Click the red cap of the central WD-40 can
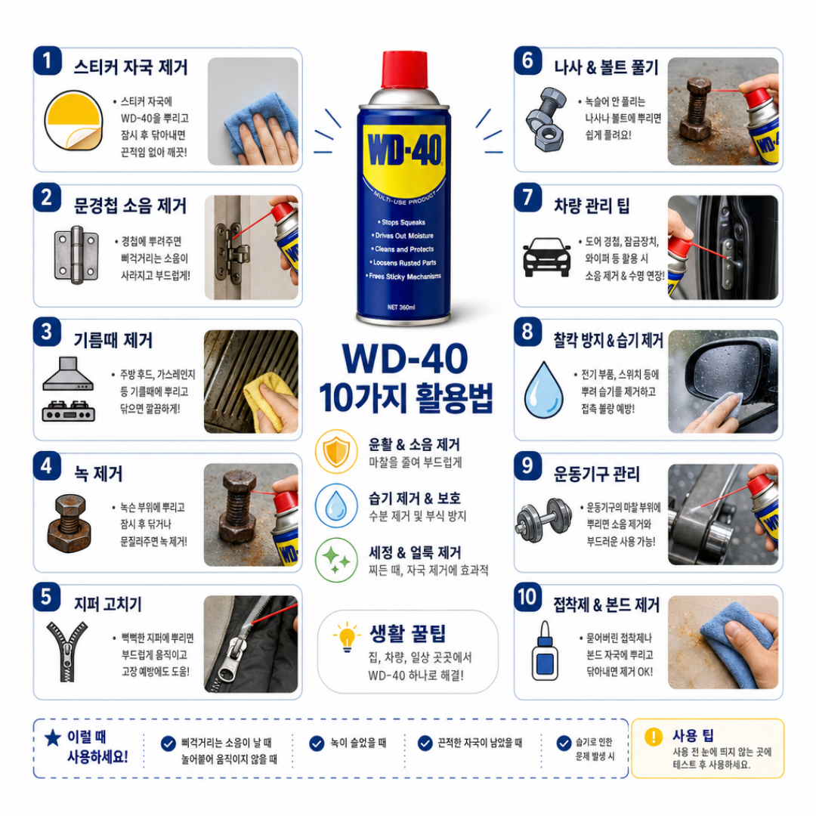(404, 70)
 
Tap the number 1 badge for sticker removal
(48, 61)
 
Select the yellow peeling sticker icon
(73, 121)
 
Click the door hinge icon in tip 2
(76, 255)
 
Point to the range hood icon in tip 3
(68, 374)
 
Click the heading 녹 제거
(98, 474)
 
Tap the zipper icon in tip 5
(67, 651)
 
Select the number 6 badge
(527, 61)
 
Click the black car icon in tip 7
(546, 257)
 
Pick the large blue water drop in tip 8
(544, 391)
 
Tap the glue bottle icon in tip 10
(545, 651)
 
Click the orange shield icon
(336, 451)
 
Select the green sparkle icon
(336, 560)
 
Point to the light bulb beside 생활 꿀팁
(347, 636)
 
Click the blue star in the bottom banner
(53, 737)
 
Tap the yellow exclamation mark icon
(653, 737)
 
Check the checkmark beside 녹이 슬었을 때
(317, 743)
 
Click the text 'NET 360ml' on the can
(401, 307)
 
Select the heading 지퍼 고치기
(108, 604)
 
